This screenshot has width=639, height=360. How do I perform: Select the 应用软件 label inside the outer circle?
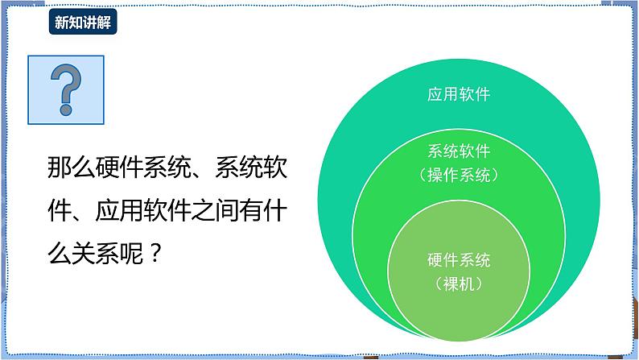tap(458, 94)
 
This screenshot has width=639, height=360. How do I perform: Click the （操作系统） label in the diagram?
tap(458, 173)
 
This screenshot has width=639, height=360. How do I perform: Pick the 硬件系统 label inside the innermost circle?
tap(458, 260)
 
